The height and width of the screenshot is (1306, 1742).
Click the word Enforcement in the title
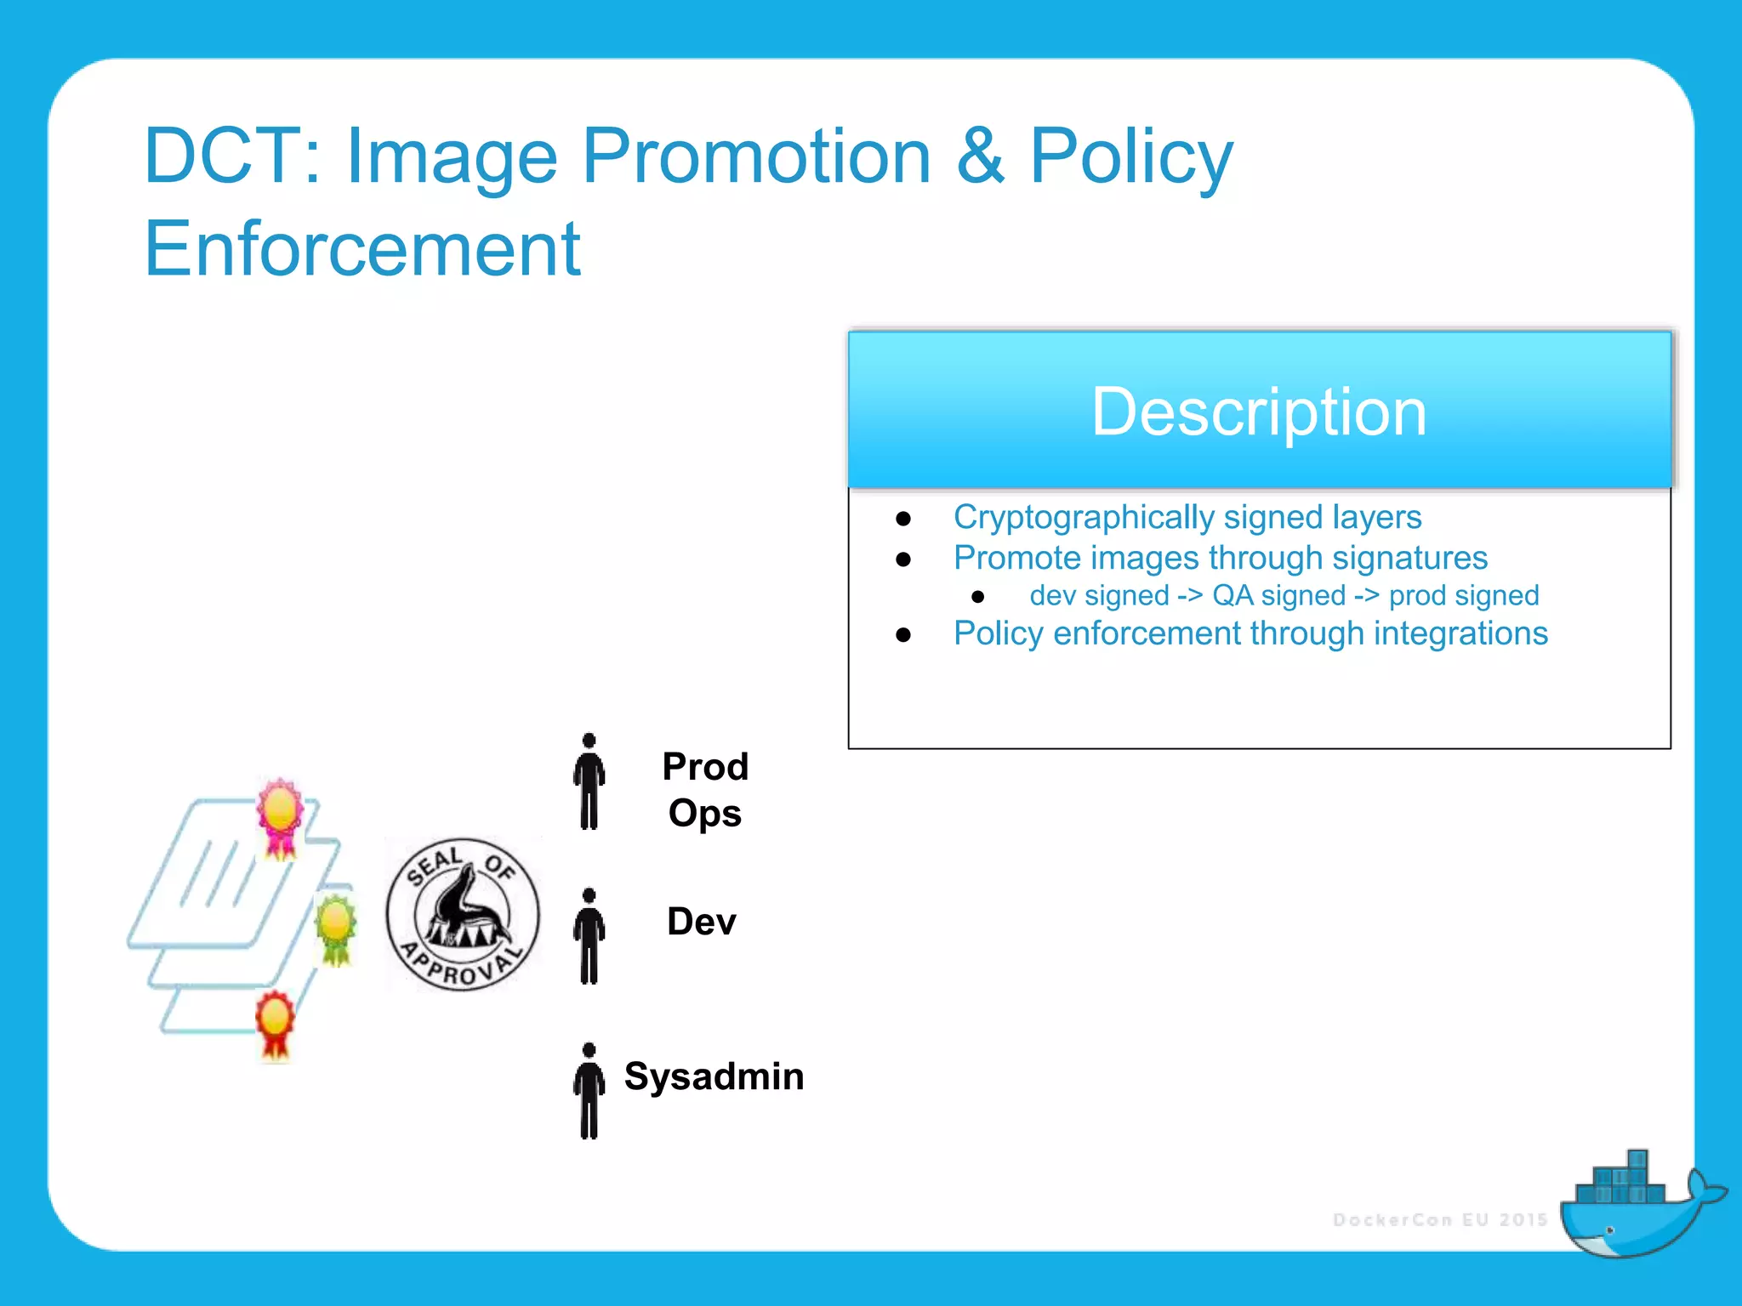(362, 249)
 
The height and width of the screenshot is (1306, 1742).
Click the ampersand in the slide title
(980, 156)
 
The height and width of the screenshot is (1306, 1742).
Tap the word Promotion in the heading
(756, 156)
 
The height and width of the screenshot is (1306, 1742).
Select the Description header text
(1259, 412)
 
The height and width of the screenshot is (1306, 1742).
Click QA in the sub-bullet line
(1232, 595)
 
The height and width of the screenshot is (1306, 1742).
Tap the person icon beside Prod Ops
(589, 781)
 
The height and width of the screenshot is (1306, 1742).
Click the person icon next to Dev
(589, 936)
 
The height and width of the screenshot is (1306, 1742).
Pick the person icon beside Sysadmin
(589, 1091)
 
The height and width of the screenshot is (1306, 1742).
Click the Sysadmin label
(714, 1076)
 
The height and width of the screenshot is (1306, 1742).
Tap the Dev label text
(701, 922)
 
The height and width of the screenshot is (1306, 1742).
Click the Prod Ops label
(704, 790)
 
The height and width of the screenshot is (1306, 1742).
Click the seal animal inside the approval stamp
(464, 910)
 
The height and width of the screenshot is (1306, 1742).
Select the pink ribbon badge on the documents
(280, 815)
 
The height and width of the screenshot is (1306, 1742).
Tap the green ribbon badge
(335, 928)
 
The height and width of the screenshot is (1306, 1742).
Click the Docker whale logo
(1633, 1207)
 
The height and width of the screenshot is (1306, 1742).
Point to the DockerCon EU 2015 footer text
(1440, 1220)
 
